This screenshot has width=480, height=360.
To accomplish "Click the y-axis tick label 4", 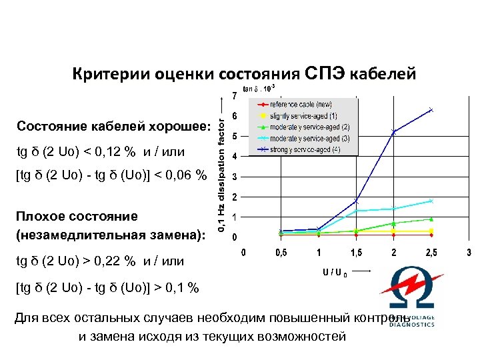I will (234, 157).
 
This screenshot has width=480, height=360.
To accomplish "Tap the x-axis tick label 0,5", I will (282, 253).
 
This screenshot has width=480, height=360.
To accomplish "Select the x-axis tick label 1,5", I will (357, 253).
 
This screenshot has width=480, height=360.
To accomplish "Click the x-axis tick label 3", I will (469, 253).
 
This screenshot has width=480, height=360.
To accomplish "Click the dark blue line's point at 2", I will (394, 132).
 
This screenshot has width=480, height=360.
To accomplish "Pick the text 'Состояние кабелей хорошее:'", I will (109, 127).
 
